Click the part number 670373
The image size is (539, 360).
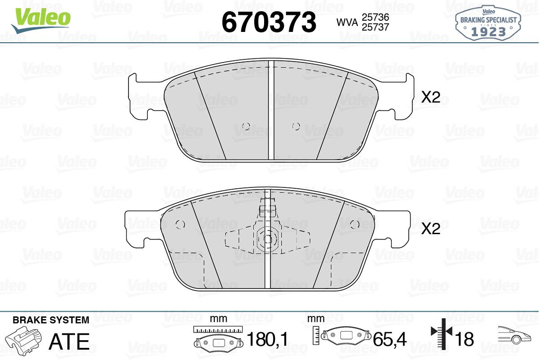tap(269, 22)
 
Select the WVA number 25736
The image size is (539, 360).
tap(376, 17)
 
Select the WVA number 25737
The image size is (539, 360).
tap(376, 27)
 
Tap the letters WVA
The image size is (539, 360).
tap(347, 22)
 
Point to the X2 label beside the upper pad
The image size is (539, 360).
tap(430, 97)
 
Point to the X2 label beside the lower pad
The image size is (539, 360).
tap(430, 228)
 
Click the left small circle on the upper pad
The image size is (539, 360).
tap(246, 126)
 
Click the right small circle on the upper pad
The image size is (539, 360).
tap(296, 126)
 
